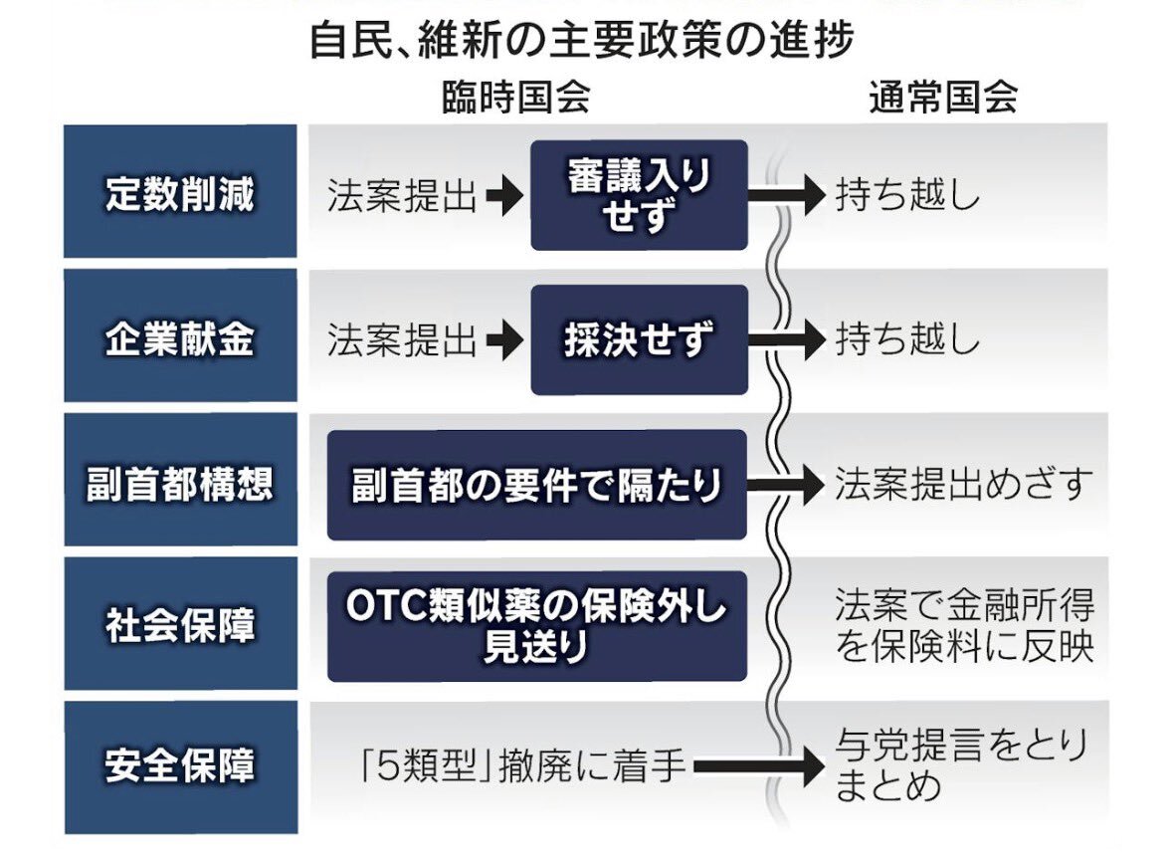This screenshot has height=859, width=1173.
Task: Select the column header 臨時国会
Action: click(x=516, y=98)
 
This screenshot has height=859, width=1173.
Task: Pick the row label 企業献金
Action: click(x=180, y=339)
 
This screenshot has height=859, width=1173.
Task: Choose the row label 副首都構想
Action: click(x=180, y=485)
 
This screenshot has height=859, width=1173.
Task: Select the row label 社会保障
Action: click(x=180, y=626)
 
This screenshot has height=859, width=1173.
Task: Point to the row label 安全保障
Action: click(x=180, y=766)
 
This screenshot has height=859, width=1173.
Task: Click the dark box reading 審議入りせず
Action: click(x=639, y=195)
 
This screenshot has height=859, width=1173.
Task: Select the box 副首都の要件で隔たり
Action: click(x=536, y=486)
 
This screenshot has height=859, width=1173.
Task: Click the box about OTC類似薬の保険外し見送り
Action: click(x=536, y=626)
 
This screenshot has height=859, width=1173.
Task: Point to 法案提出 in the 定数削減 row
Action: click(x=402, y=196)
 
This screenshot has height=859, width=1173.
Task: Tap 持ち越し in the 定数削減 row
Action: click(x=906, y=196)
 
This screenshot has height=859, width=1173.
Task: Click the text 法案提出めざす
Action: click(x=962, y=486)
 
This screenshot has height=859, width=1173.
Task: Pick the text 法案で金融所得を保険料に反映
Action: click(x=963, y=626)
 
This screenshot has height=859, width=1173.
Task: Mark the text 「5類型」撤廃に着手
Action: click(x=522, y=767)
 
